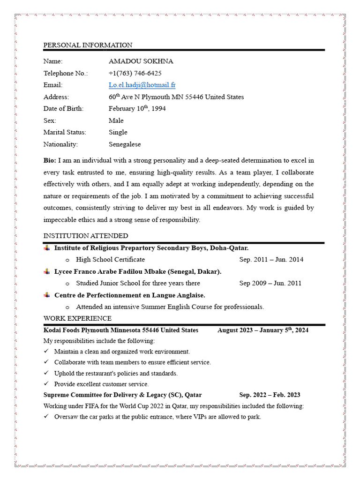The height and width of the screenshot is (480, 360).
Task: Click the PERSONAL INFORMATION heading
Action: (88, 45)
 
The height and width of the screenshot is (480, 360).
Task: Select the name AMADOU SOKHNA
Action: (141, 61)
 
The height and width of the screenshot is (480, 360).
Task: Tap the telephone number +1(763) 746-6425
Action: (135, 73)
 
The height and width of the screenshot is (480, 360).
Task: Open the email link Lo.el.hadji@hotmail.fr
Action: (142, 85)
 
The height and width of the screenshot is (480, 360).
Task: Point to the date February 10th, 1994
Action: (137, 109)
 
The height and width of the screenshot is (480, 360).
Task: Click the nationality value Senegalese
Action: (125, 144)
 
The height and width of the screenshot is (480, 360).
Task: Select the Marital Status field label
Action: (65, 132)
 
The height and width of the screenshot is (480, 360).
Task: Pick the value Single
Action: (118, 132)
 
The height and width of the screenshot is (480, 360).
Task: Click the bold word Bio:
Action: (50, 160)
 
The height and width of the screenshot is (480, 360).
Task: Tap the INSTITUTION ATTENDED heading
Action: (86, 236)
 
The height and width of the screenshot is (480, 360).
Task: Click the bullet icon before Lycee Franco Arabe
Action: (47, 271)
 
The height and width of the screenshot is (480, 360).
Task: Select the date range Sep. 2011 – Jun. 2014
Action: (271, 259)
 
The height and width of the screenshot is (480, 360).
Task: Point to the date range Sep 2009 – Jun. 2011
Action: (270, 283)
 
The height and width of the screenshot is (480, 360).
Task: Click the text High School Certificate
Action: (110, 259)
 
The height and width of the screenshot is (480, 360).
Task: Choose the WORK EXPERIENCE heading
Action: (77, 318)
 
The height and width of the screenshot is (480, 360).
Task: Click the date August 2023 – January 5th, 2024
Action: (262, 330)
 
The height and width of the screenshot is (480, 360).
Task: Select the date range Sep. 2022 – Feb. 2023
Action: (270, 395)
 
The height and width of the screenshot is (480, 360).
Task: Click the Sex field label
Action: (50, 120)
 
